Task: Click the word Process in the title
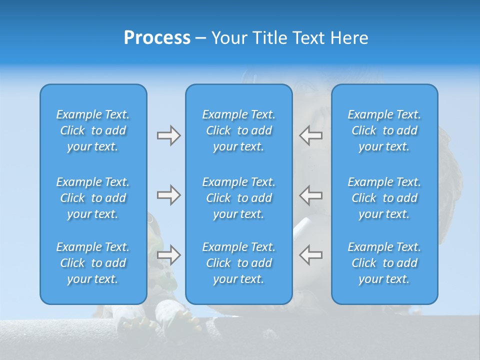(157, 38)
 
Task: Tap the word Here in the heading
(350, 38)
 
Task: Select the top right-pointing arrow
(168, 135)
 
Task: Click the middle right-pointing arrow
(168, 195)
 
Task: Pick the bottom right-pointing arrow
(168, 255)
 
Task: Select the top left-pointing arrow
(310, 135)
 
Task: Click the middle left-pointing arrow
(310, 195)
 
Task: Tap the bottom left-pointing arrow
(310, 255)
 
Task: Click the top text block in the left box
(93, 130)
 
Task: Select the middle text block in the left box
(93, 198)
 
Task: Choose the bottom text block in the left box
(93, 263)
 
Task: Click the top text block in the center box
(238, 130)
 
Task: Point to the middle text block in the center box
(238, 198)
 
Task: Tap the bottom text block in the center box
(238, 263)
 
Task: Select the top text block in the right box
(384, 130)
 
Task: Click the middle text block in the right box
(384, 198)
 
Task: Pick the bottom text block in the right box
(384, 263)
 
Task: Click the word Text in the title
(309, 38)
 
